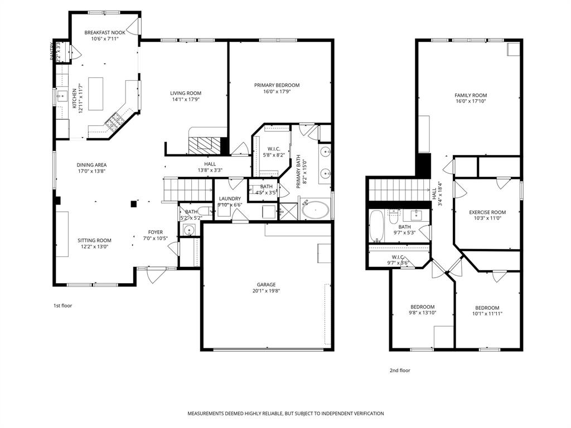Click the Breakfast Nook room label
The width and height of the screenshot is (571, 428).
104,33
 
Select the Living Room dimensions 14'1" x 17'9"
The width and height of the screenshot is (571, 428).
186,100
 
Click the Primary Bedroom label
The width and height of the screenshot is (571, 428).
277,85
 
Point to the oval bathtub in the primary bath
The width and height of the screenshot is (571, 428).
316,211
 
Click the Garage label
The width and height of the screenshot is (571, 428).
266,285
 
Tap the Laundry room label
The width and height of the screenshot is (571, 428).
230,198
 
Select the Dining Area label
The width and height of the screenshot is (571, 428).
91,165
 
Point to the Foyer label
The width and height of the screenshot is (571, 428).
156,232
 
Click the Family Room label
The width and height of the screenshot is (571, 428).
471,95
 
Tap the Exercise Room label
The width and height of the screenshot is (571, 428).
487,212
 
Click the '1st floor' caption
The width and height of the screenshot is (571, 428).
62,305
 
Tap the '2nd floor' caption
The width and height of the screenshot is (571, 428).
399,370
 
